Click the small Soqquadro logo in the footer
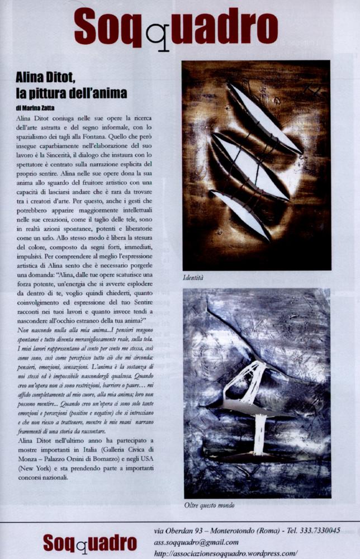click(90, 543)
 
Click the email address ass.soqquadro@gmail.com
click(196, 542)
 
